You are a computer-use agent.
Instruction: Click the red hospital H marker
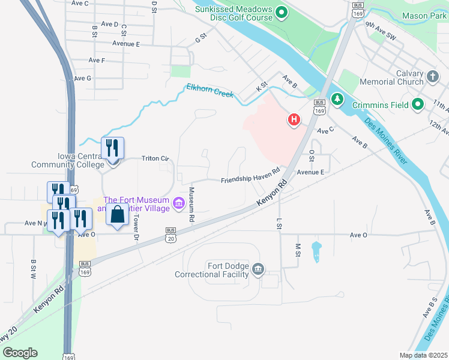pyautogui.click(x=294, y=120)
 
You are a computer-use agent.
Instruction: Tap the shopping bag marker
pyautogui.click(x=118, y=214)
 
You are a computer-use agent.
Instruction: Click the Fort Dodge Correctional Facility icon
pyautogui.click(x=259, y=268)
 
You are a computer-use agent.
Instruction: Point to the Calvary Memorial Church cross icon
pyautogui.click(x=433, y=77)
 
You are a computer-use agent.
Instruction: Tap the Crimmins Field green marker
pyautogui.click(x=418, y=105)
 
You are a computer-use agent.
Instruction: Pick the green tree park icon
pyautogui.click(x=337, y=98)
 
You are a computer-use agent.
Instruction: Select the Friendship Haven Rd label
pyautogui.click(x=250, y=175)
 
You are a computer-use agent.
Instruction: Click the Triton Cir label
pyautogui.click(x=155, y=158)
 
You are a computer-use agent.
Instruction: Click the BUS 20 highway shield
pyautogui.click(x=170, y=235)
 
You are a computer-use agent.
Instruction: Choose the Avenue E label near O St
pyautogui.click(x=310, y=172)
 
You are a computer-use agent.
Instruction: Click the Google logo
pyautogui.click(x=20, y=353)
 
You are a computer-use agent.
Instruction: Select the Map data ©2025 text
pyautogui.click(x=424, y=355)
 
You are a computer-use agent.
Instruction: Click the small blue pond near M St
pyautogui.click(x=316, y=251)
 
